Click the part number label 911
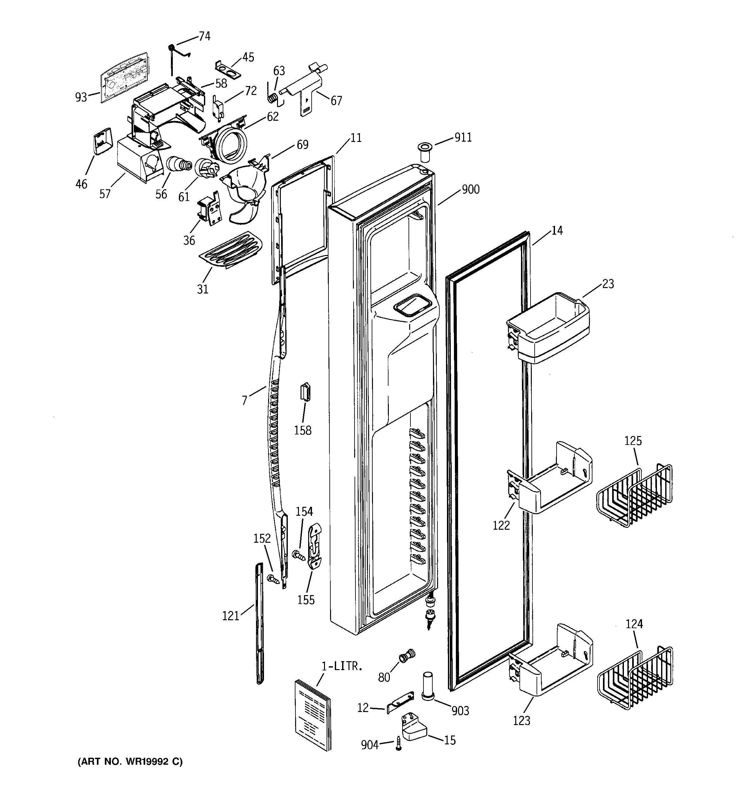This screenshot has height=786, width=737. [463, 137]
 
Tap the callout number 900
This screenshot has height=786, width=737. [471, 190]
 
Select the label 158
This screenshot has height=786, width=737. [303, 431]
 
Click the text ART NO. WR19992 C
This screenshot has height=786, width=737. [130, 762]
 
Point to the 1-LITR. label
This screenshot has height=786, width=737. [342, 666]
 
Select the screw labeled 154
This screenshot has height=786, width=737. [298, 555]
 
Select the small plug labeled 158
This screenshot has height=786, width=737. [305, 392]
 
